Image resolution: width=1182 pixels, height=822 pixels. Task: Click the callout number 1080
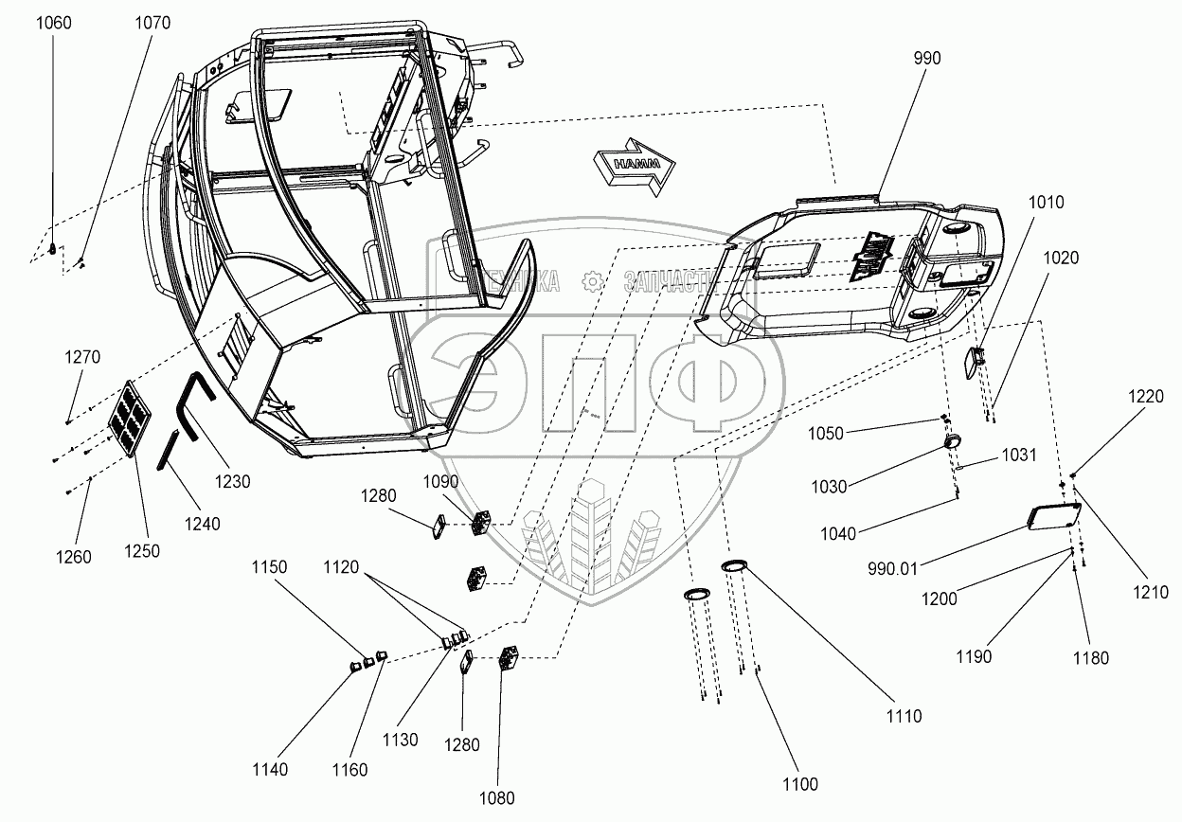(x=497, y=798)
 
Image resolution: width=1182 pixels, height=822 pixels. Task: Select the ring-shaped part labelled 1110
(x=734, y=566)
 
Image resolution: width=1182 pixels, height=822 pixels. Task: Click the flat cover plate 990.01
(x=1054, y=517)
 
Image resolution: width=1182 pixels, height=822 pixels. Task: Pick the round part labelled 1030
(x=953, y=442)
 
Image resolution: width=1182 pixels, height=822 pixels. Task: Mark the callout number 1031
(x=1018, y=456)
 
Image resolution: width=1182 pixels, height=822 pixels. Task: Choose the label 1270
(x=81, y=357)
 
